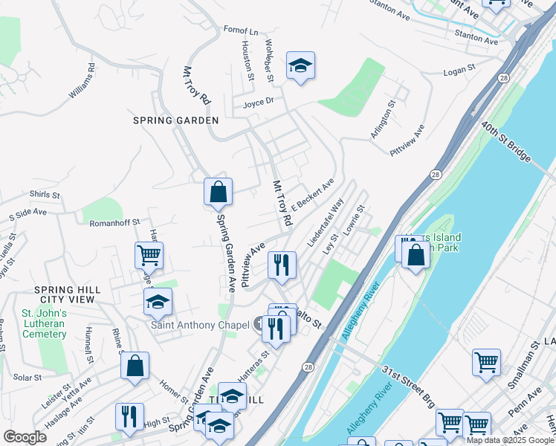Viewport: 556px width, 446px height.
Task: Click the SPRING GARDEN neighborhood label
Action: coord(175,120)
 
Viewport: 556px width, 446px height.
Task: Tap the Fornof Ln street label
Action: coord(240,31)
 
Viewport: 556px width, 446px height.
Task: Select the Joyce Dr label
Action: coord(259,102)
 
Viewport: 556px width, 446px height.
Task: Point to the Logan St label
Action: coord(459,70)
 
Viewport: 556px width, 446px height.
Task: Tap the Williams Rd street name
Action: coord(83,82)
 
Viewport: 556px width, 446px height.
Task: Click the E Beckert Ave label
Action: coord(312,193)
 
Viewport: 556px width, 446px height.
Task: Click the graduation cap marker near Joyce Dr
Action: coord(300,67)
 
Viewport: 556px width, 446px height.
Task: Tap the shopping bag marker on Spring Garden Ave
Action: coord(218,192)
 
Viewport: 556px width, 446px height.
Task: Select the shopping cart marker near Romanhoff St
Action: coord(149,256)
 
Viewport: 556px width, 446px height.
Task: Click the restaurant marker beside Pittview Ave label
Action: coord(282,265)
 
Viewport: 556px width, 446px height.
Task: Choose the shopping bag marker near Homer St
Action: coord(135,366)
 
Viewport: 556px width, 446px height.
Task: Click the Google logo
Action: coord(25,437)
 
